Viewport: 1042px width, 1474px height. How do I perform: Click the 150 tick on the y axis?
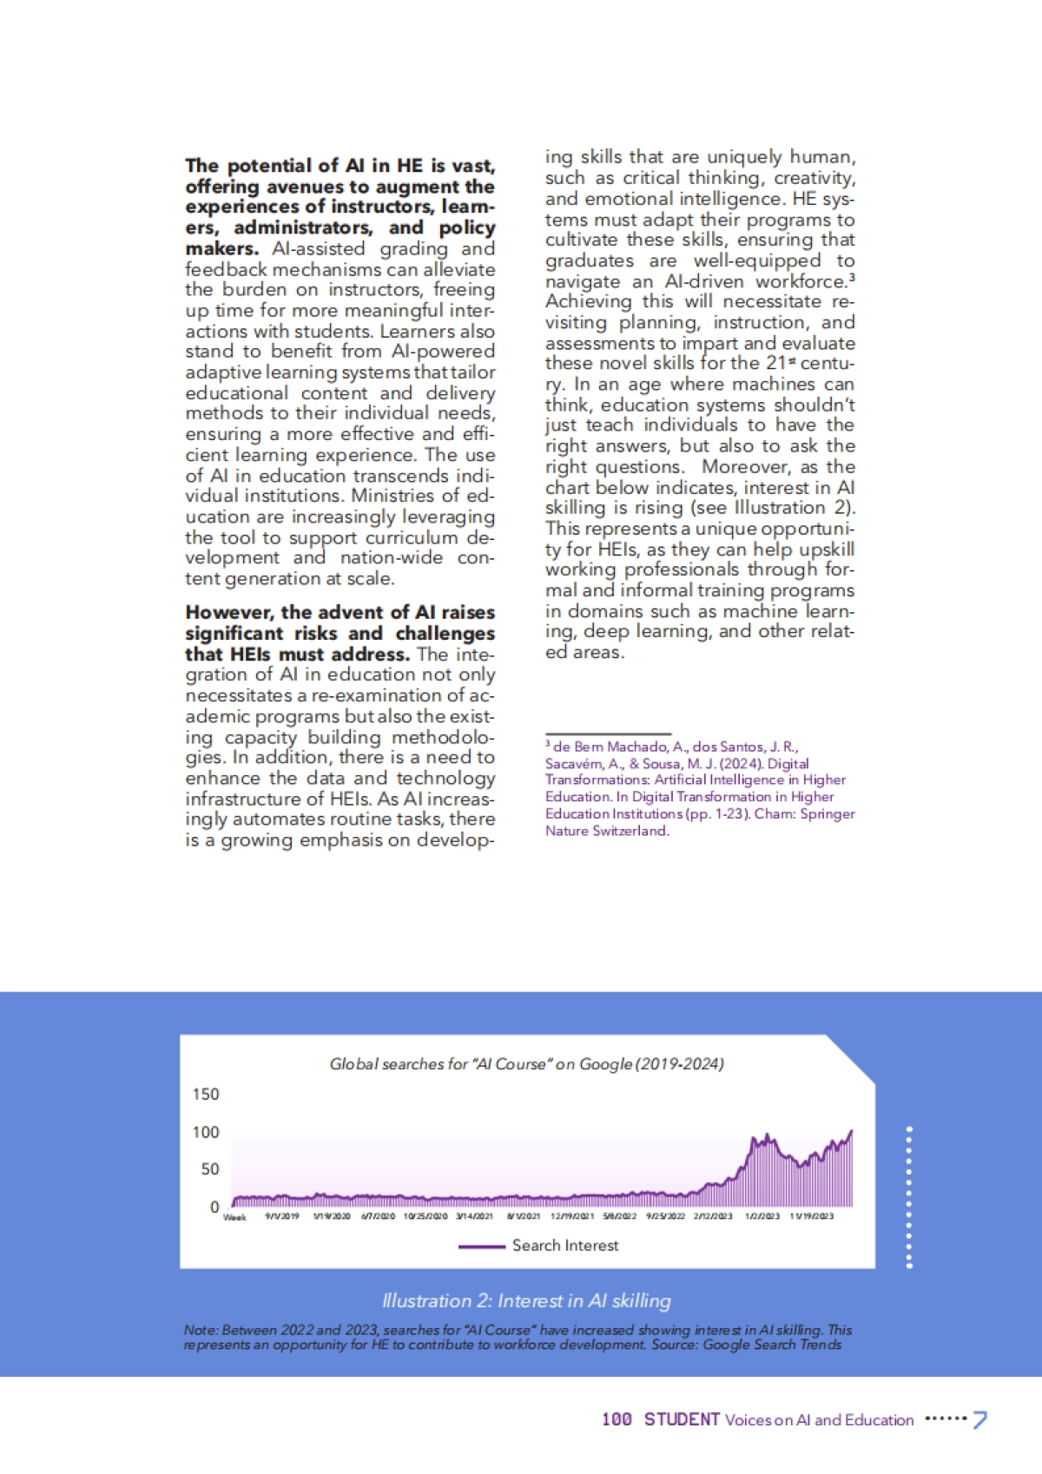tap(206, 1094)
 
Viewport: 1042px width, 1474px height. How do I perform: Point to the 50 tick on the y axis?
tap(210, 1168)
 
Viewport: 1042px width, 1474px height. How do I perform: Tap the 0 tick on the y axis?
tap(214, 1207)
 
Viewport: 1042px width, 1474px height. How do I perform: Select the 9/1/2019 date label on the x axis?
tap(282, 1216)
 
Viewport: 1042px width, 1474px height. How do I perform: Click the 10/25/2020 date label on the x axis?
tap(425, 1216)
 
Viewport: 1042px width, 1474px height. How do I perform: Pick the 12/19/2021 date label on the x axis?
tap(572, 1216)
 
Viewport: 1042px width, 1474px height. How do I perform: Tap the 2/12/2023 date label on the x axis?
tap(713, 1216)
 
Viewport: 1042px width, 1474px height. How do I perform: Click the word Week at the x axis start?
tap(234, 1217)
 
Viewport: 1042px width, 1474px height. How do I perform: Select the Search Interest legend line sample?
tap(481, 1246)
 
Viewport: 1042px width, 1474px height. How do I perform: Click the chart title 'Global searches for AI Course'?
tap(526, 1063)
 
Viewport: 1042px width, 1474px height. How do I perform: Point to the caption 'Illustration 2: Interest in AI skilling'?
tap(526, 1300)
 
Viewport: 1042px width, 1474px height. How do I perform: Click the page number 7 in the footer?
tap(979, 1420)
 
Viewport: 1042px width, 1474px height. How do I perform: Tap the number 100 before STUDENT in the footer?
tap(617, 1419)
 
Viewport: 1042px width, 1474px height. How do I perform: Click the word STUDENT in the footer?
tap(682, 1419)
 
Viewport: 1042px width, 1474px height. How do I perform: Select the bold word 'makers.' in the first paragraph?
tap(221, 248)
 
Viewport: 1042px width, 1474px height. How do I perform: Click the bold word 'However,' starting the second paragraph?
tap(229, 613)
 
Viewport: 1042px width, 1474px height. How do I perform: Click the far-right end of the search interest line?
tap(852, 1131)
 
